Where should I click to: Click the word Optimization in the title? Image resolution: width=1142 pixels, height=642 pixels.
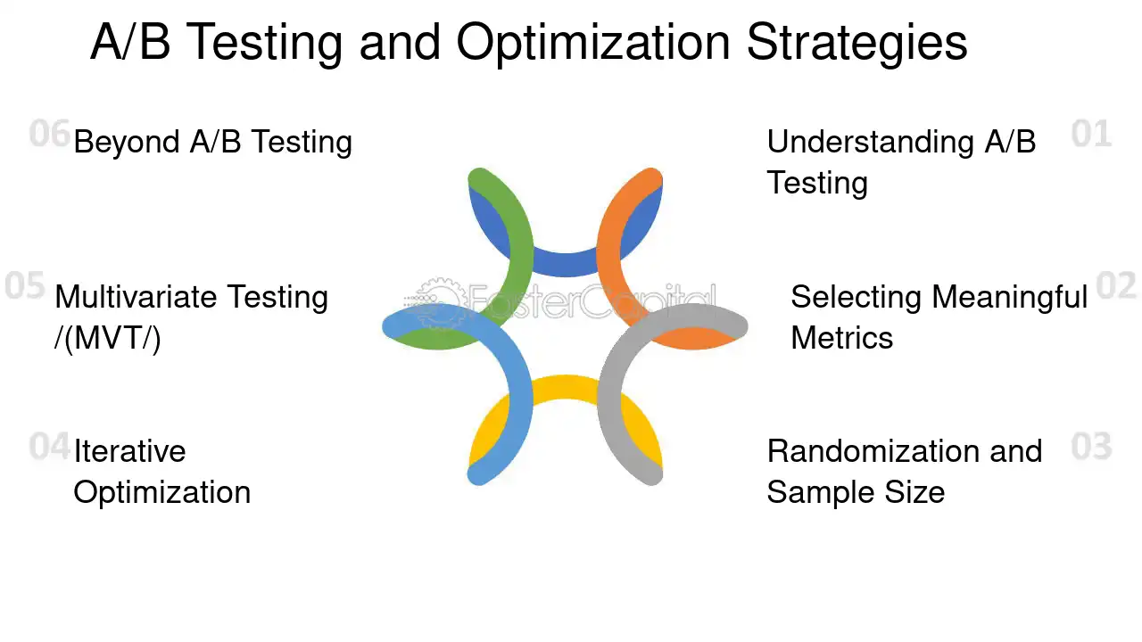(594, 42)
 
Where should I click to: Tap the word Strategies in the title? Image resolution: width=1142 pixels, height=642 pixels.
(856, 42)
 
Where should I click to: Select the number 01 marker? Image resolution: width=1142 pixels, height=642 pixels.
(1091, 135)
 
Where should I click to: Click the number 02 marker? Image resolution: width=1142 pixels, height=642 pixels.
(1116, 286)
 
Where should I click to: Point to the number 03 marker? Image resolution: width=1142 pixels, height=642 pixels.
(1091, 447)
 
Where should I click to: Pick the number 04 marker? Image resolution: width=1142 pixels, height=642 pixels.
(49, 446)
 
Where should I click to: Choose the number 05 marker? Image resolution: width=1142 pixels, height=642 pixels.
(25, 286)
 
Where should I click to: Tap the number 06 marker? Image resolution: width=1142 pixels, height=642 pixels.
(49, 134)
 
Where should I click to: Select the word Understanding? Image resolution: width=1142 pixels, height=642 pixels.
(871, 142)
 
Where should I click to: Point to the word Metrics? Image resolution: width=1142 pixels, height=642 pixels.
(841, 338)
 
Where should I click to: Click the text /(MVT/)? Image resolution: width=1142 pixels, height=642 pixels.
(108, 339)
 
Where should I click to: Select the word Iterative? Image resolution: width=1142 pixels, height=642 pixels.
(129, 451)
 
